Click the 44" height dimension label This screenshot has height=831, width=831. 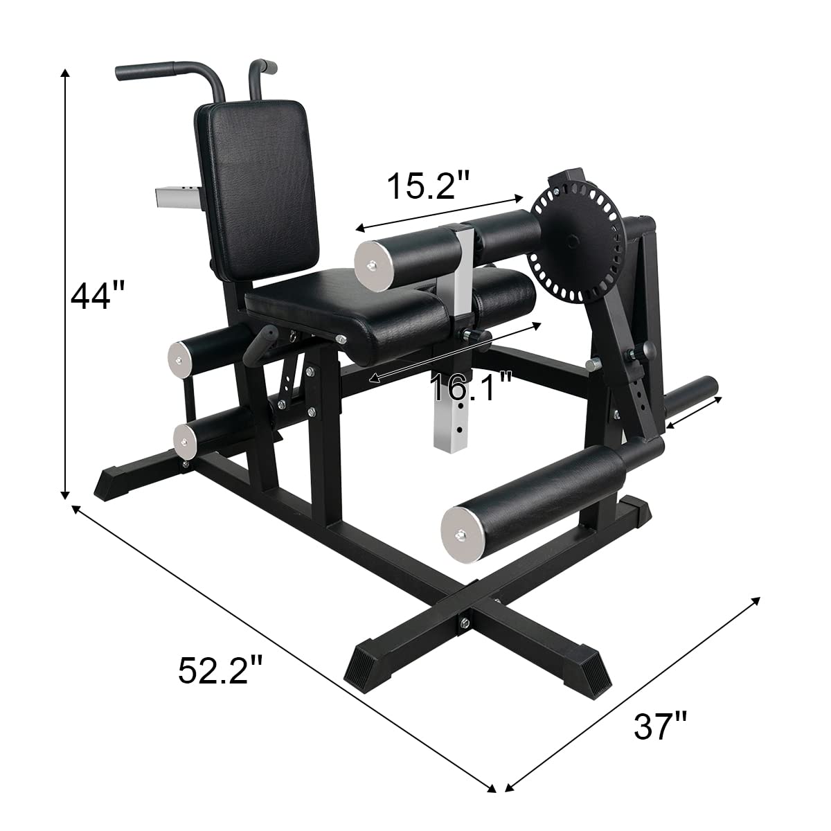98,295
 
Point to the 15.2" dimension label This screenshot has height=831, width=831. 428,186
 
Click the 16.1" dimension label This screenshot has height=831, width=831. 472,387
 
